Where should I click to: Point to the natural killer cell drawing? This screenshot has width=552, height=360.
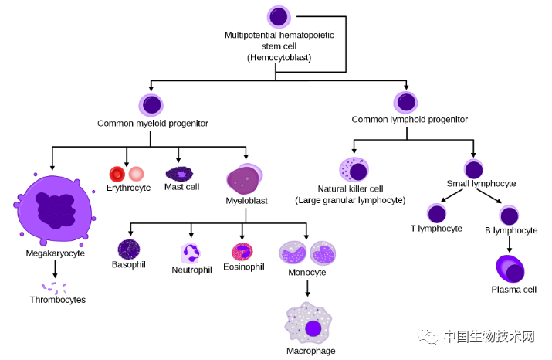click(354, 169)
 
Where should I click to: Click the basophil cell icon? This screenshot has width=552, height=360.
click(128, 249)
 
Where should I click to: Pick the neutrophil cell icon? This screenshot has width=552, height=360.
click(191, 253)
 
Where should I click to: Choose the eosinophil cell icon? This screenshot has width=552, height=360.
click(242, 252)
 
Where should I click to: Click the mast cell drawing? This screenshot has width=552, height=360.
click(181, 174)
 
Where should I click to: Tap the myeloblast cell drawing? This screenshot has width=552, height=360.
click(245, 179)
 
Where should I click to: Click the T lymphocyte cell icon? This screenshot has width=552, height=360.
click(438, 214)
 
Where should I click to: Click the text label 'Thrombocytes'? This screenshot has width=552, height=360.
click(58, 300)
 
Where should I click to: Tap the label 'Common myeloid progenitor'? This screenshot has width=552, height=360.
click(153, 123)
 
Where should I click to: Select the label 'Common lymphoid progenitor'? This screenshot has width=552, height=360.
click(409, 120)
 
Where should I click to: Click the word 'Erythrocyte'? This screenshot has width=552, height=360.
click(128, 188)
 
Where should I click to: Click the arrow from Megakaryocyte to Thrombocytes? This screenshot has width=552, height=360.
click(55, 269)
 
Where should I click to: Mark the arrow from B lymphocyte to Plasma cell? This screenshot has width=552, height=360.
click(509, 244)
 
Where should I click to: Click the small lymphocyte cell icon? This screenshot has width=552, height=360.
click(474, 168)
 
